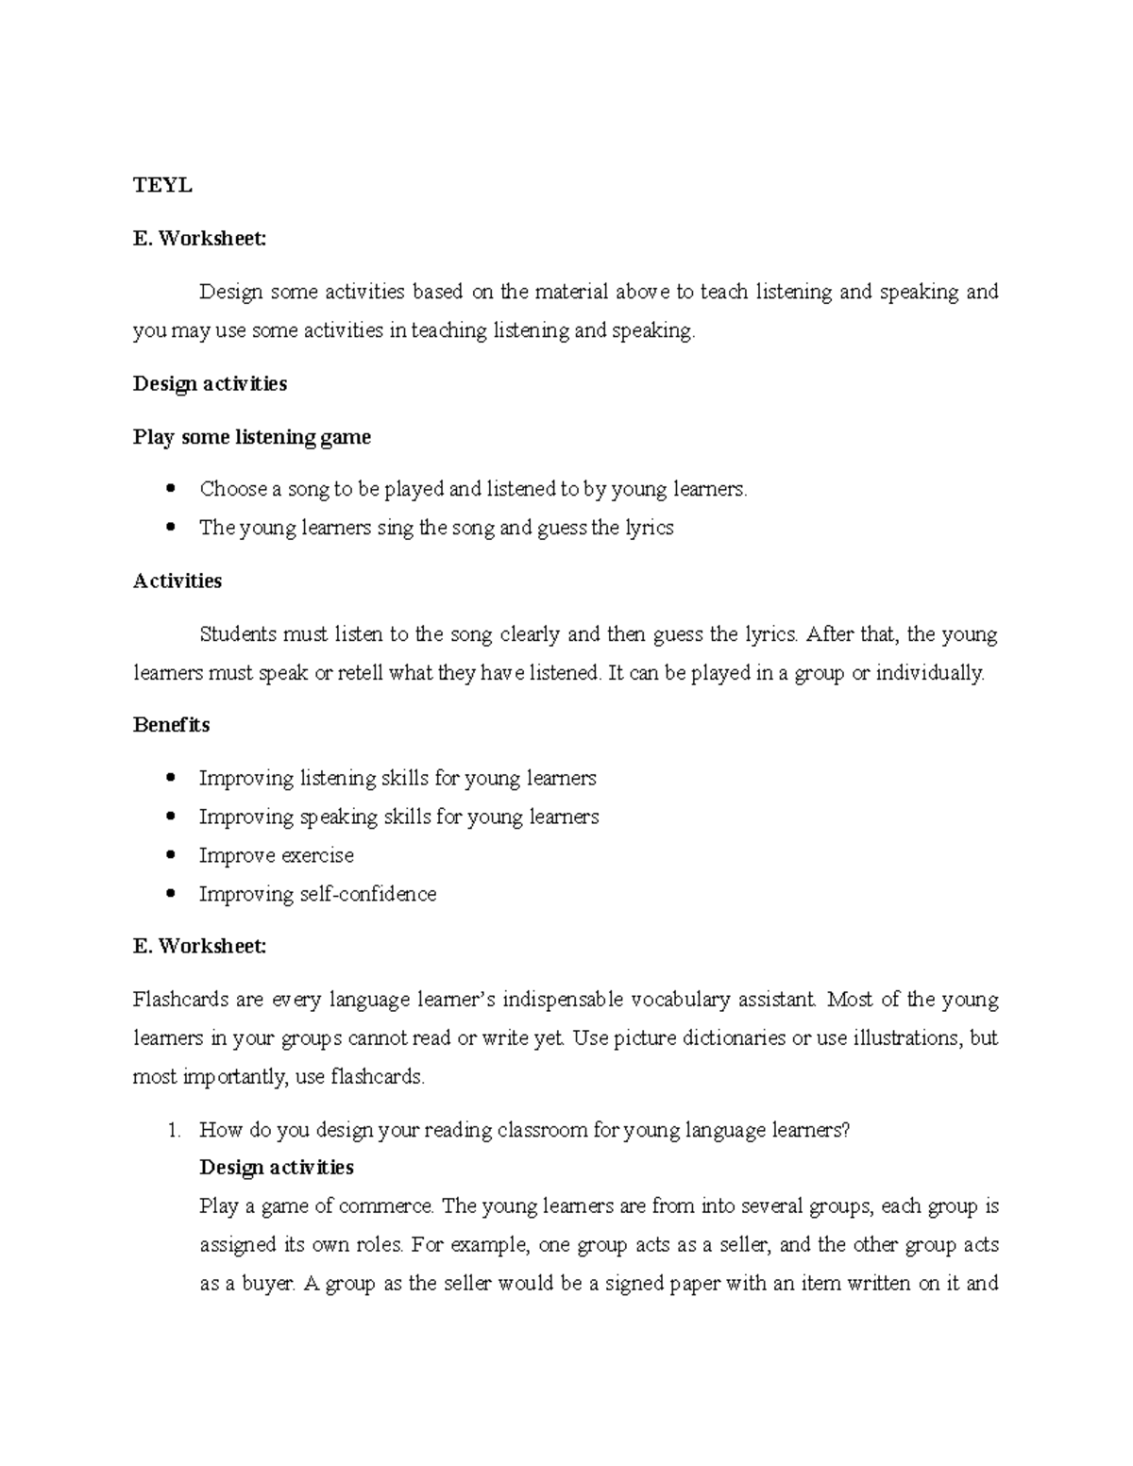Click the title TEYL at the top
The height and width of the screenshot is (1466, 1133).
(x=162, y=186)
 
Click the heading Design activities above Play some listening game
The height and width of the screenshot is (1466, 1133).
(x=210, y=384)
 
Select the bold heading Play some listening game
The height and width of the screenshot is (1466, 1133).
(x=251, y=437)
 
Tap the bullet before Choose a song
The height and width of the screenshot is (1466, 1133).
(x=170, y=489)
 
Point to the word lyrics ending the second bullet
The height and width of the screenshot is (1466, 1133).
(x=649, y=528)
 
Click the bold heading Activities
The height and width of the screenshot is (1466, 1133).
(x=178, y=581)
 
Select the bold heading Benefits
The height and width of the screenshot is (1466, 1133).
(x=171, y=725)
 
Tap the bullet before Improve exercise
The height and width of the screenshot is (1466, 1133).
(x=170, y=855)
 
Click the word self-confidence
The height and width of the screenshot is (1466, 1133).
(x=381, y=894)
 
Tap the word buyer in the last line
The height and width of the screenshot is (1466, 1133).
(x=268, y=1284)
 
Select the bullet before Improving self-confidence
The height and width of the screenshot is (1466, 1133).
(x=170, y=894)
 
